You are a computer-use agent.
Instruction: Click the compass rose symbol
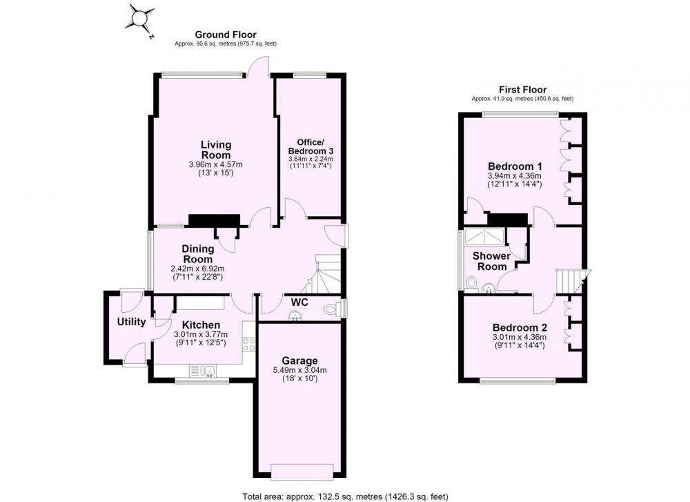140,20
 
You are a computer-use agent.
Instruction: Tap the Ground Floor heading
226,35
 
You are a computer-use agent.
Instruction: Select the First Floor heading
522,90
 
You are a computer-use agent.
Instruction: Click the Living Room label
215,150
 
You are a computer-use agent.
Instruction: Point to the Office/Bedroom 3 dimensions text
310,162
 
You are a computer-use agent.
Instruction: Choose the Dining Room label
197,254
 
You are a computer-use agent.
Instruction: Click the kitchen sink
208,371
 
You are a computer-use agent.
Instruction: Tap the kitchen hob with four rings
249,344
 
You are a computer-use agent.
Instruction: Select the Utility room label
131,322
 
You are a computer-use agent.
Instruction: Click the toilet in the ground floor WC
331,309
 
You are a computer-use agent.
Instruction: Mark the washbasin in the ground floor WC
293,316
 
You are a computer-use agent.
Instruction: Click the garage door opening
302,472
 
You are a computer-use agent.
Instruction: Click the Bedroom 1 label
515,166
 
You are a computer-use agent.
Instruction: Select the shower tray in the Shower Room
484,236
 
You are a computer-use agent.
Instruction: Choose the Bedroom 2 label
520,327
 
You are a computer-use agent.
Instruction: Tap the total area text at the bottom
345,496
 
